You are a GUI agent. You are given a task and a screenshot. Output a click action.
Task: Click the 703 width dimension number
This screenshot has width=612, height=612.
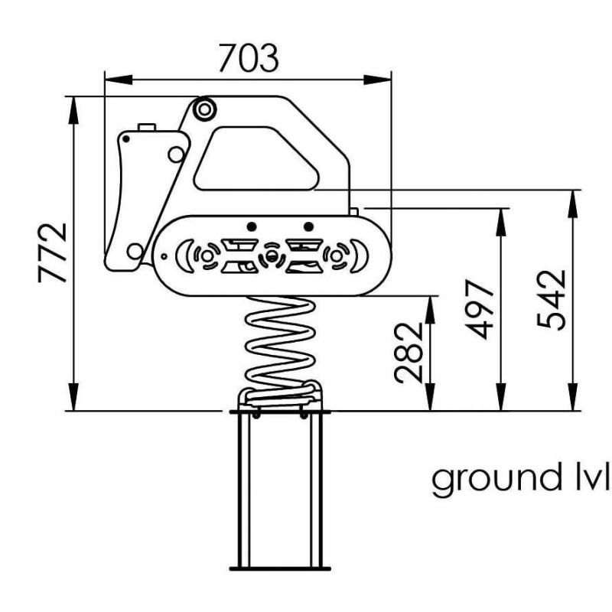tap(248, 58)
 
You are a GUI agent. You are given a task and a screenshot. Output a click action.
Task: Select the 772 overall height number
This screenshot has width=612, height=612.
tap(52, 252)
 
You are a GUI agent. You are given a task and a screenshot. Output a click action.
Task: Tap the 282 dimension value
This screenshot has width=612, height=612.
tap(409, 353)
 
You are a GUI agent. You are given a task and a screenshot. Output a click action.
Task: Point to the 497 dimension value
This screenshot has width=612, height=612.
tap(480, 309)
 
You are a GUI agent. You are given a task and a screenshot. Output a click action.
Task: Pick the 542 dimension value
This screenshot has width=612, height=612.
tap(551, 300)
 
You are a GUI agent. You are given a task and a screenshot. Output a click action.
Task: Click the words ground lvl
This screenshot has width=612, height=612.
tap(521, 480)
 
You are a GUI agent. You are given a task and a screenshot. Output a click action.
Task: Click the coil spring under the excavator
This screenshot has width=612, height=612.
tap(279, 350)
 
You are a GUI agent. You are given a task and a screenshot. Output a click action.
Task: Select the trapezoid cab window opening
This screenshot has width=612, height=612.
tap(256, 158)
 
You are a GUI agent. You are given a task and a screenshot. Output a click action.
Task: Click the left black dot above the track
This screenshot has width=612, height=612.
tap(252, 226)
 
